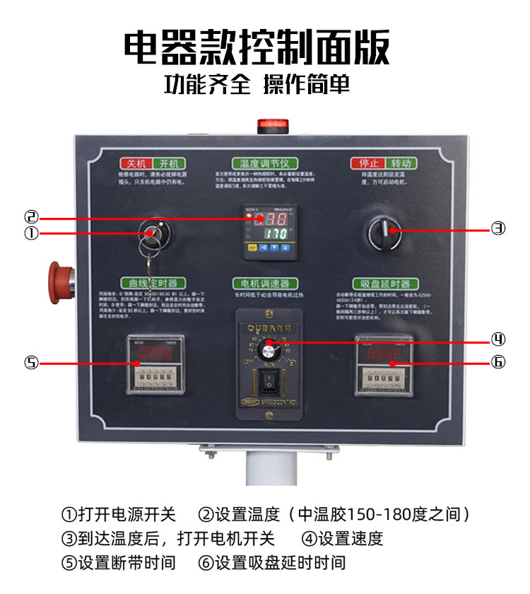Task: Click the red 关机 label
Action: pos(132,163)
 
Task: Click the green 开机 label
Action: pos(168,163)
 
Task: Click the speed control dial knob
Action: pos(267,350)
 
